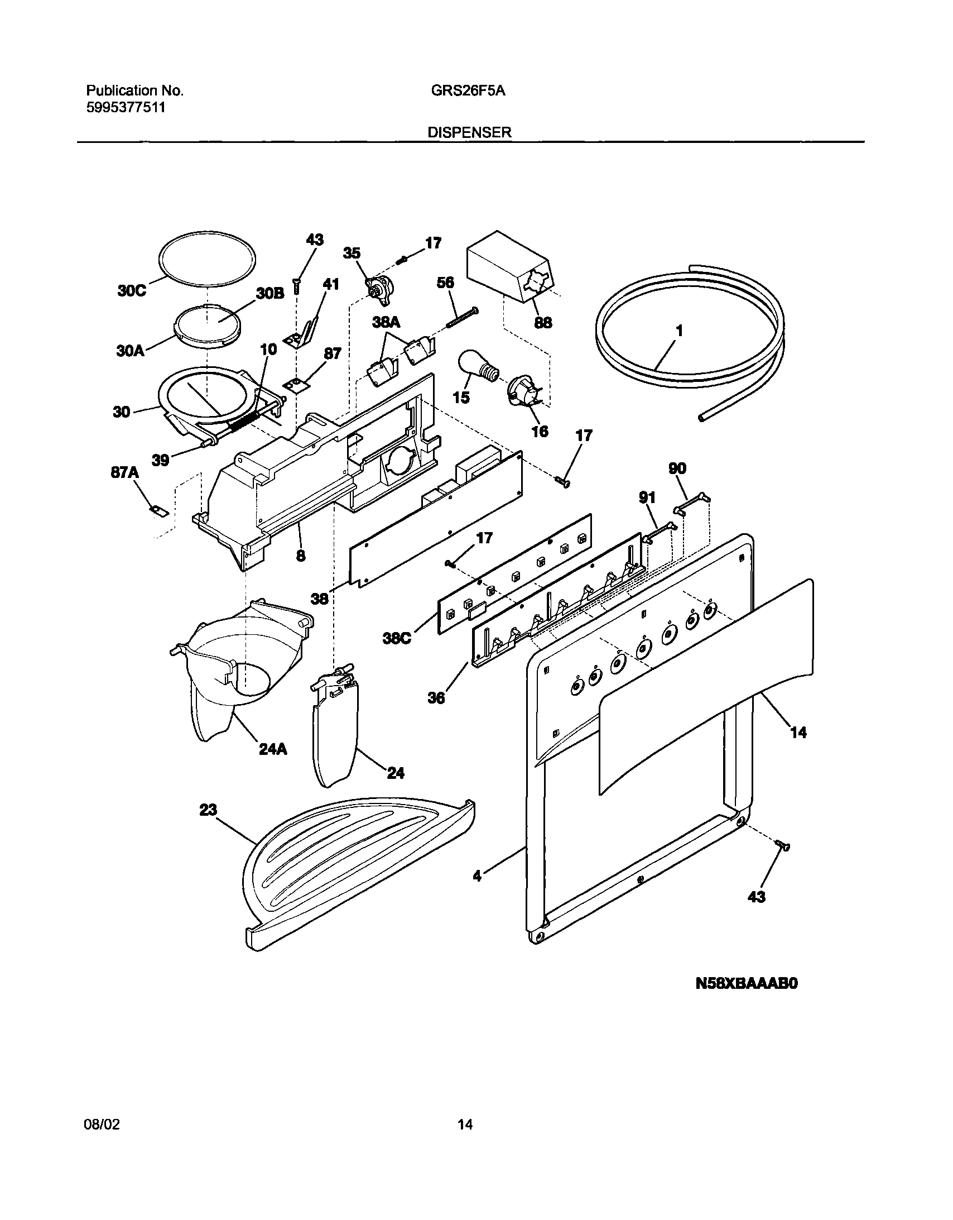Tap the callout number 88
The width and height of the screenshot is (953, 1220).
543,322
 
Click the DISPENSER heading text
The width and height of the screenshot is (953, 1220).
469,132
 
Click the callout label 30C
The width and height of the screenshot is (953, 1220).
132,291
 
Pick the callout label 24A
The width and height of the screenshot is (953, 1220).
273,749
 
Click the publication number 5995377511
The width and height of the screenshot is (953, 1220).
126,108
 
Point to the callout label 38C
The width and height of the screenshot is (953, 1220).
397,638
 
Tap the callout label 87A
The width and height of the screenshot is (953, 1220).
124,472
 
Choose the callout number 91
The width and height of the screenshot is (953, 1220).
647,496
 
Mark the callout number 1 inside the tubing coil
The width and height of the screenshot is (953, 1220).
679,331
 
